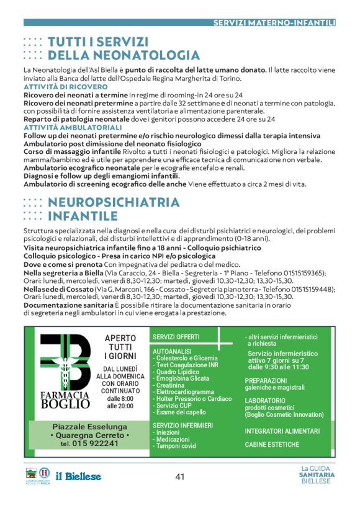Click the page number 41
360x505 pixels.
click(180, 476)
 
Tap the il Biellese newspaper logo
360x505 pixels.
click(78, 476)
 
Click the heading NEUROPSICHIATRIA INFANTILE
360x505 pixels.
click(114, 209)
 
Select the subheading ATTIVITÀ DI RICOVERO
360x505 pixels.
click(58, 87)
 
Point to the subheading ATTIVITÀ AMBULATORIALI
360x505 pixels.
click(64, 127)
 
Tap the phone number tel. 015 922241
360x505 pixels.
click(85, 444)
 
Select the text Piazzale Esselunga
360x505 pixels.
click(89, 427)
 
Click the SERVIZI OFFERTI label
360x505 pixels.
click(176, 337)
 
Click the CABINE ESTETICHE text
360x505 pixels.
click(272, 444)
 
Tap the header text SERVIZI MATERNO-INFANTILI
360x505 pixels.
click(274, 22)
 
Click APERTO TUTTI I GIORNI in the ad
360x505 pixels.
click(120, 347)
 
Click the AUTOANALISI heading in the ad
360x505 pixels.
click(172, 351)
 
